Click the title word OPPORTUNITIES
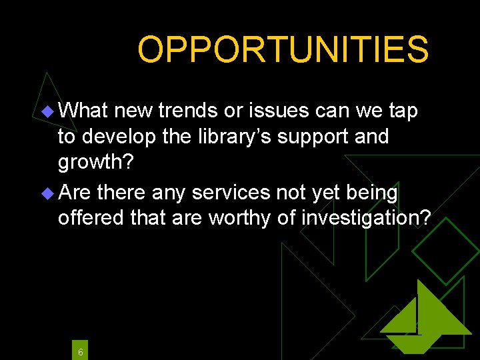pyautogui.click(x=283, y=49)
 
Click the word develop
pyautogui.click(x=122, y=137)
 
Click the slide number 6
pyautogui.click(x=80, y=351)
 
